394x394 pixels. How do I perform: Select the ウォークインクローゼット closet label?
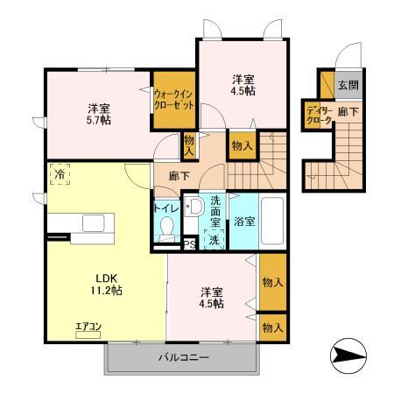click(173, 98)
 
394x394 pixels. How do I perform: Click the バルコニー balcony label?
click(183, 358)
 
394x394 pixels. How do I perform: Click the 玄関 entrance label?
click(348, 85)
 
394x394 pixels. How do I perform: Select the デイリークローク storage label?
click(318, 116)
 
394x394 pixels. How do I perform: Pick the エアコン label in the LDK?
click(88, 327)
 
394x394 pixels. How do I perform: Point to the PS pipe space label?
click(190, 244)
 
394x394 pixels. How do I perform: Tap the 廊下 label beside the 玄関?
click(348, 112)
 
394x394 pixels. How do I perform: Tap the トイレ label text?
click(167, 208)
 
